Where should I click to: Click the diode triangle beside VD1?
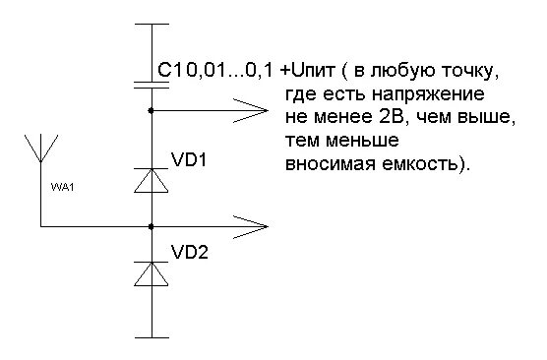pyautogui.click(x=151, y=181)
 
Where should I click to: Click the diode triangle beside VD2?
pyautogui.click(x=151, y=274)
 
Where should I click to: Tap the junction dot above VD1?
pyautogui.click(x=151, y=111)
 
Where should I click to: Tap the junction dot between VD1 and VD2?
pyautogui.click(x=151, y=226)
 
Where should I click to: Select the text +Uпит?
pyautogui.click(x=308, y=72)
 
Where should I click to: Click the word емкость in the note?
pyautogui.click(x=418, y=162)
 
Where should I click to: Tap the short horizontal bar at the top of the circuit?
pyautogui.click(x=151, y=23)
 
